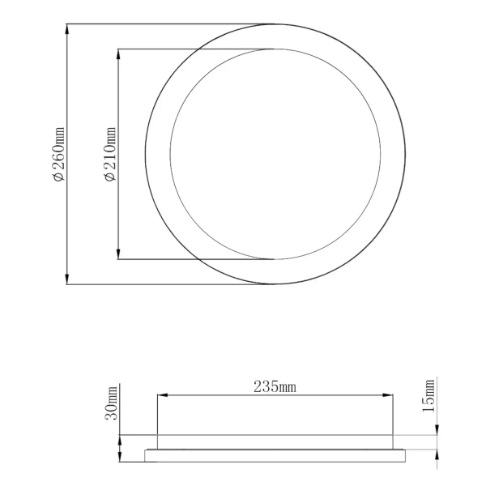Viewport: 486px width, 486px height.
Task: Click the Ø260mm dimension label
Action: click(x=58, y=154)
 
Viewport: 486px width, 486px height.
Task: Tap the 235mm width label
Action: click(x=275, y=386)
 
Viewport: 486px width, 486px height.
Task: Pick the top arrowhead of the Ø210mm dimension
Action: click(x=120, y=53)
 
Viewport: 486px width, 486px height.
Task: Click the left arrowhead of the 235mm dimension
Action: click(x=160, y=395)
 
